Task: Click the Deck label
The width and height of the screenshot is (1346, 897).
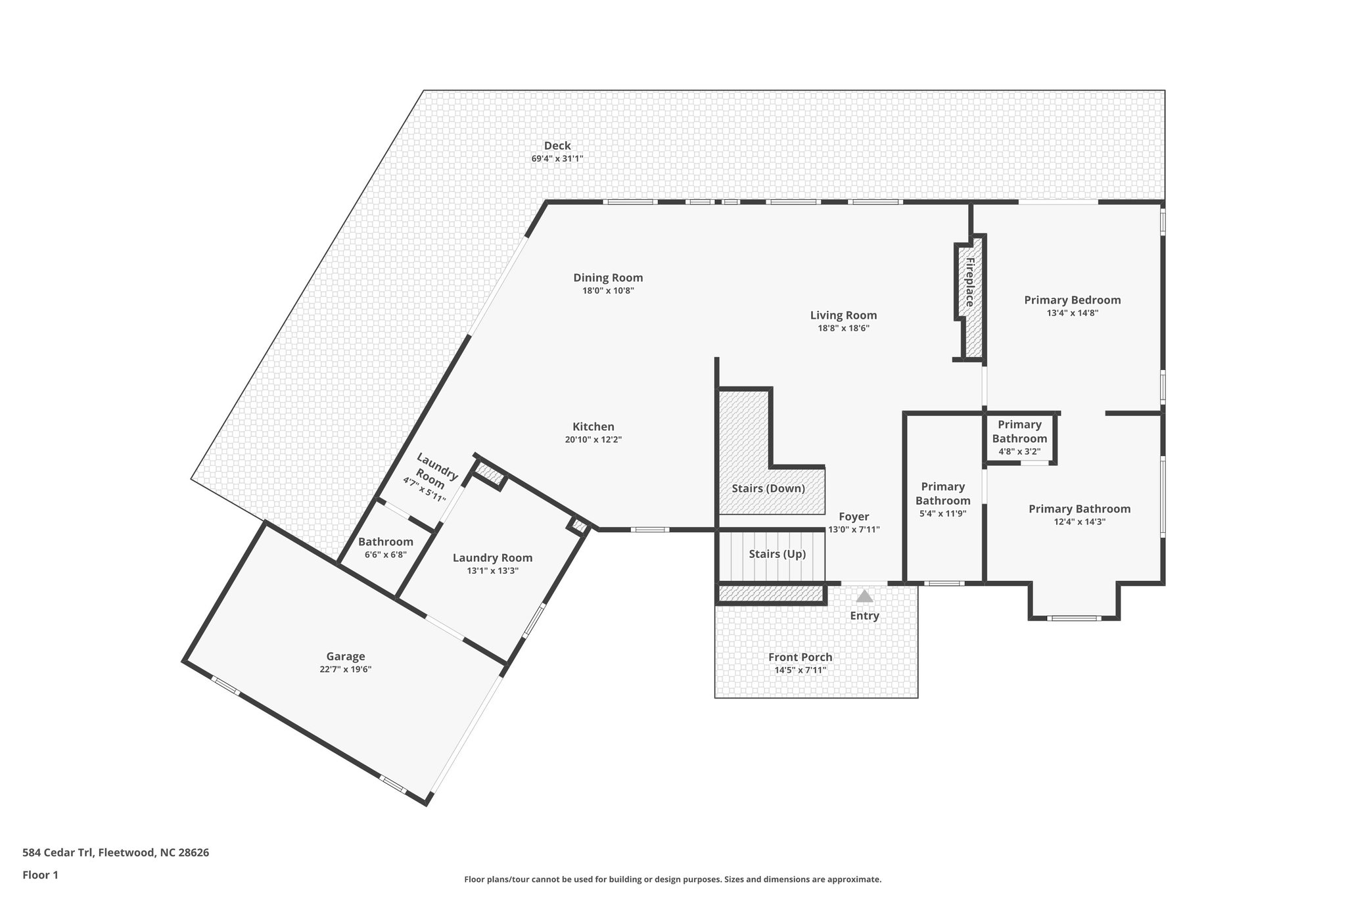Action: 557,146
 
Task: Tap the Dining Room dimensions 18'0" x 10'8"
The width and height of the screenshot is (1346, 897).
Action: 608,290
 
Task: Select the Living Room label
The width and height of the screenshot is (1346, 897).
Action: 843,315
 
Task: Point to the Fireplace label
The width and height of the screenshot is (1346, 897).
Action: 969,282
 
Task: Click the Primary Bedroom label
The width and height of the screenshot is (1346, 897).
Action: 1072,300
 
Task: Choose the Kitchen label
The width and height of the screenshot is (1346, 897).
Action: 593,427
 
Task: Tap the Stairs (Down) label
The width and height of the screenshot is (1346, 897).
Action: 768,488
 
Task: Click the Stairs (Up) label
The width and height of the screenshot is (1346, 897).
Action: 777,554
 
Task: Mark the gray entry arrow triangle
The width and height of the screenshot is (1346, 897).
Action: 864,596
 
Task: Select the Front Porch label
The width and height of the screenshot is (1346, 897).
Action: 800,657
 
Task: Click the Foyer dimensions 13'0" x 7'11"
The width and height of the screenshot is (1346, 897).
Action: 854,530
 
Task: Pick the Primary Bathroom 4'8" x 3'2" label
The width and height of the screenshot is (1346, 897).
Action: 1019,432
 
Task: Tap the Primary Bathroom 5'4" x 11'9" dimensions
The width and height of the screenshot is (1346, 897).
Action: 942,514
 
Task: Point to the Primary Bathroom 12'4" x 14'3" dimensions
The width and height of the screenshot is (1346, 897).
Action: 1079,522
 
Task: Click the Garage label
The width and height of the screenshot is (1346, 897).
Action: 346,656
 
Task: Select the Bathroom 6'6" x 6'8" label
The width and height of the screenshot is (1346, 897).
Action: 386,542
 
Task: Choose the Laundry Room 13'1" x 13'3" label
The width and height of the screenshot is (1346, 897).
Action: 492,558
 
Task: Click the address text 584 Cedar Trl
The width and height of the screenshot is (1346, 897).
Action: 60,853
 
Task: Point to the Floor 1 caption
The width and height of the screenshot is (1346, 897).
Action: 40,875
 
